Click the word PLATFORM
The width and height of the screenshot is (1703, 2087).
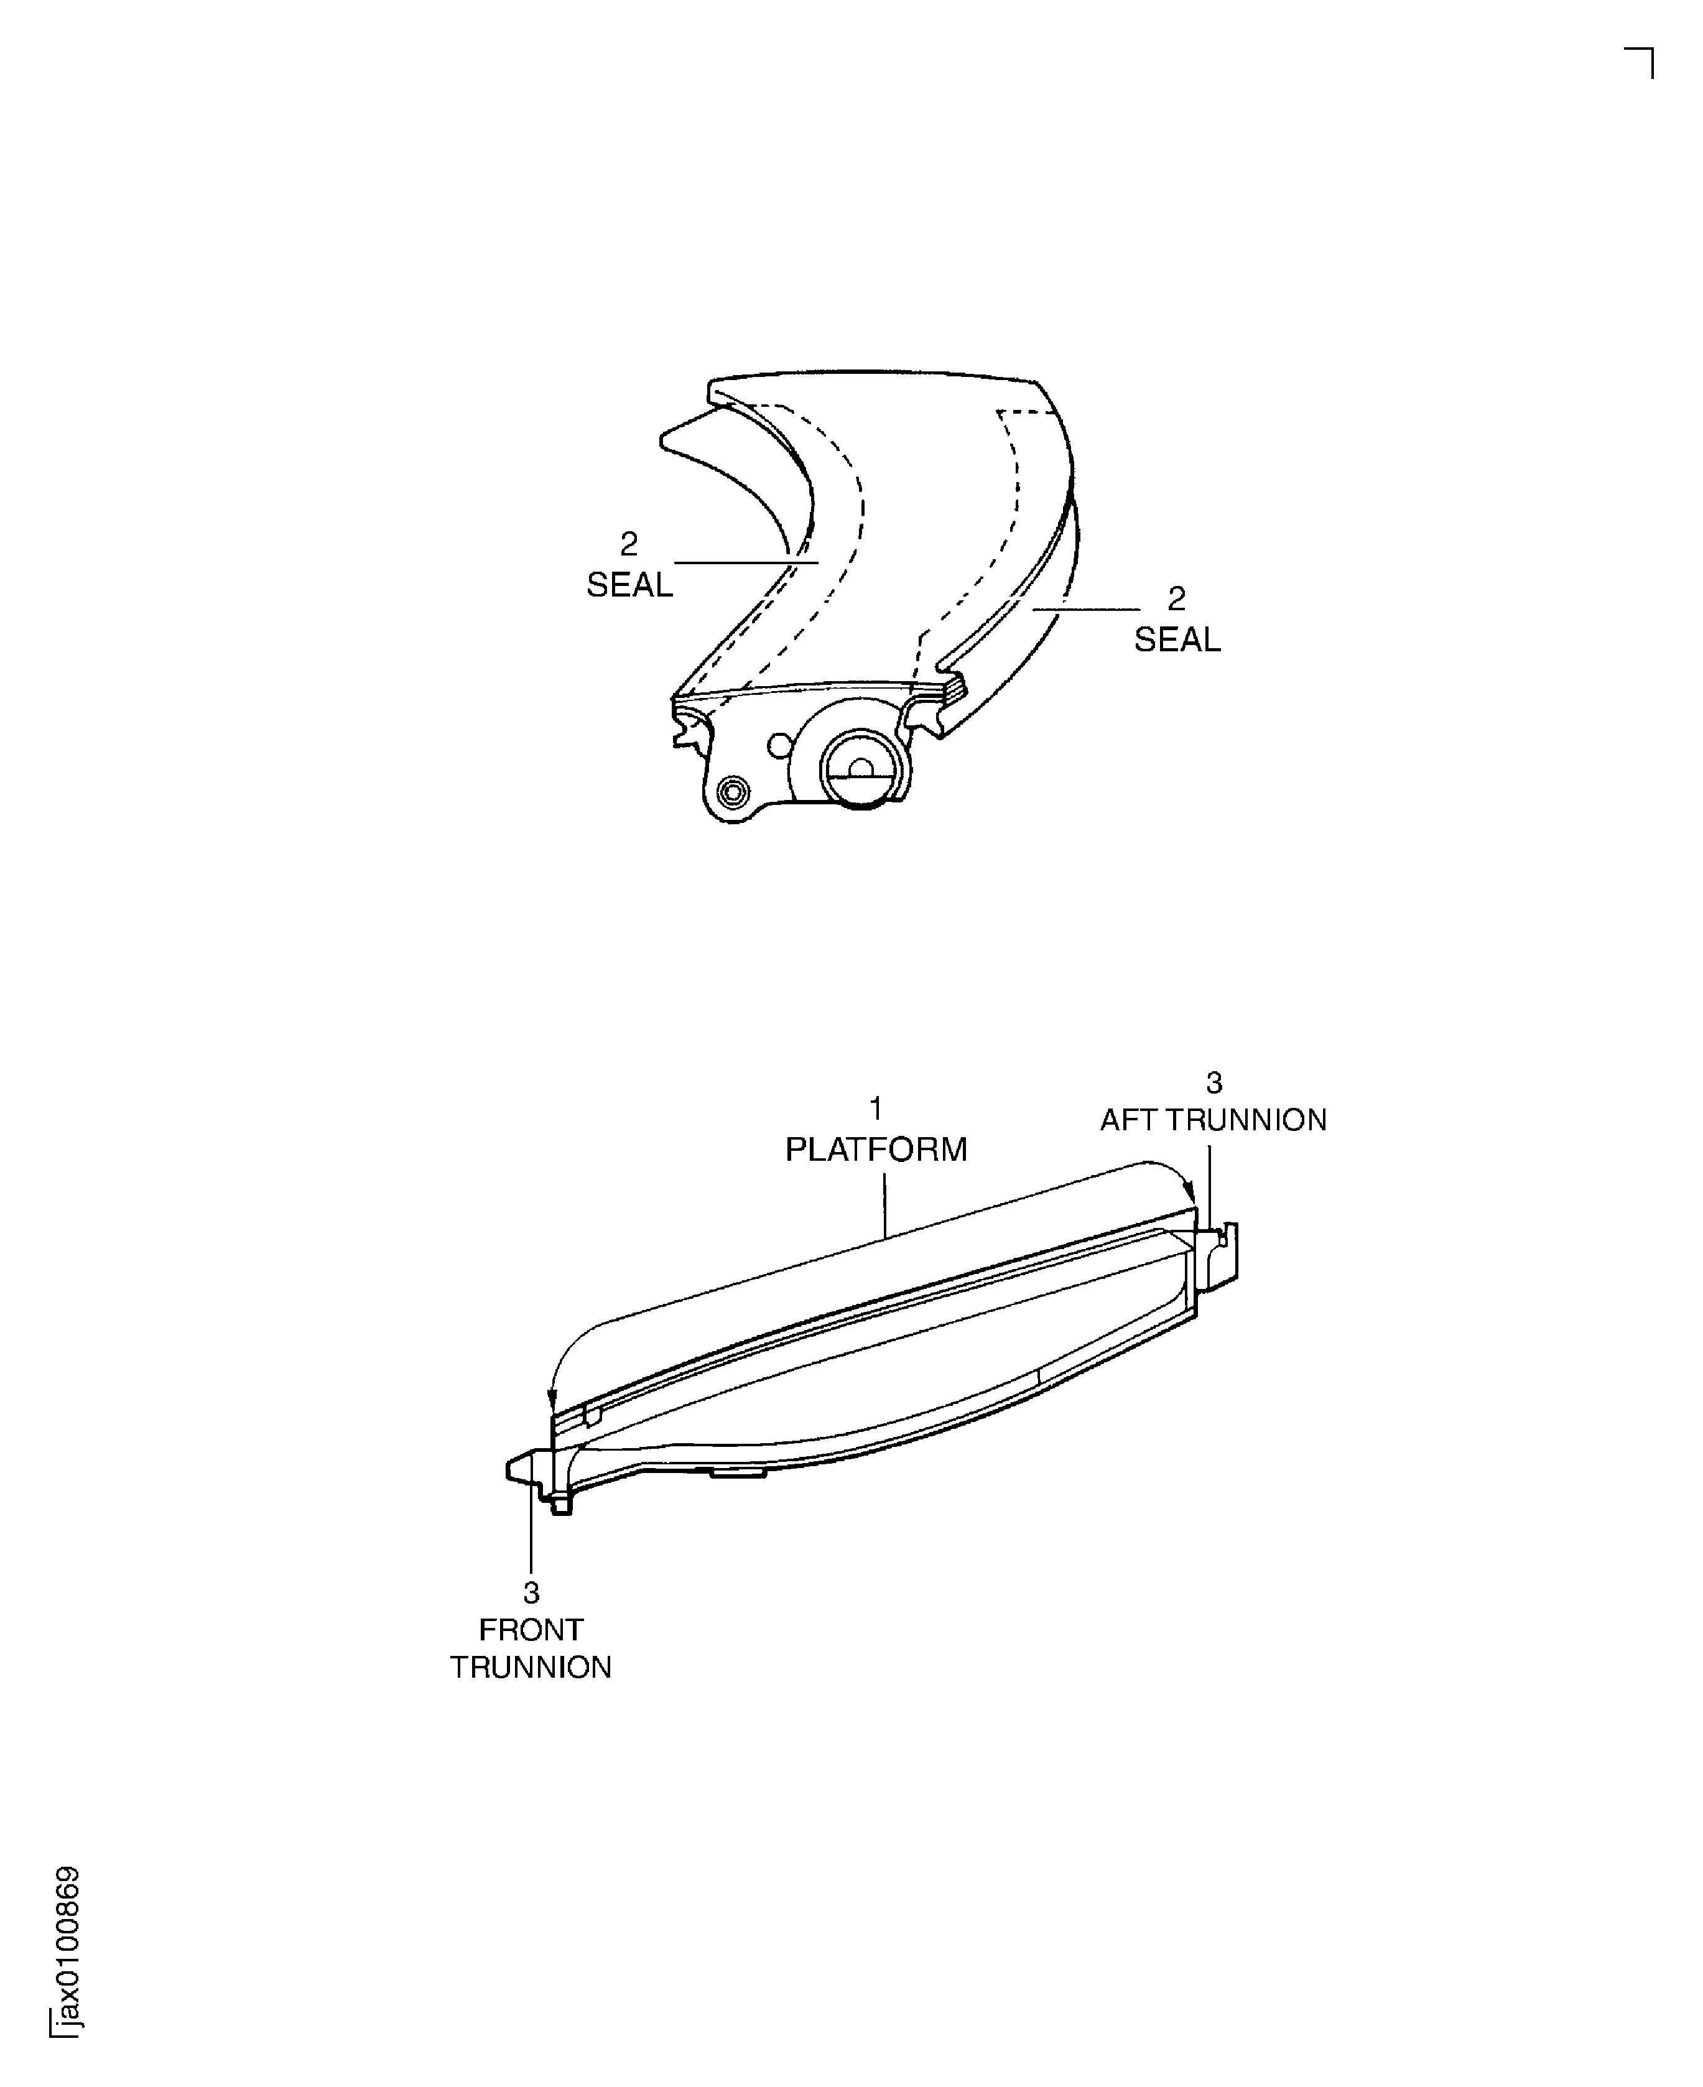coord(875,1149)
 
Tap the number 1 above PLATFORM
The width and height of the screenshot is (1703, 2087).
coord(875,1109)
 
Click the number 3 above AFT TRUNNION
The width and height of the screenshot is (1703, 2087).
coord(1213,1082)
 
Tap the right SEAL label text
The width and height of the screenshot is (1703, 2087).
coord(1177,639)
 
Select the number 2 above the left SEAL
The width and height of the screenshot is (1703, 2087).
coord(629,544)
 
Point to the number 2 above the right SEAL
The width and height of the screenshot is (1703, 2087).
coord(1176,598)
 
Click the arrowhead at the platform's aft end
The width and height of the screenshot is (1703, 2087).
coord(1192,1198)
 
